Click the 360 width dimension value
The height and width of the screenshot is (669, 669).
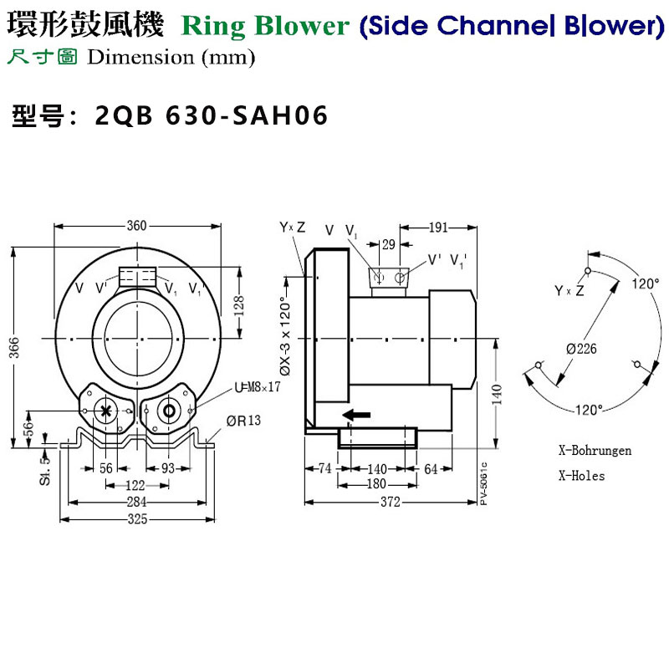[x=137, y=226]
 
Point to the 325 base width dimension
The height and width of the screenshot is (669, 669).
[x=138, y=519]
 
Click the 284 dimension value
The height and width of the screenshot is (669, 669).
[x=137, y=503]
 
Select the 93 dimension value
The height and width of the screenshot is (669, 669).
[x=168, y=469]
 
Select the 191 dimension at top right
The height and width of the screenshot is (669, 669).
[x=437, y=227]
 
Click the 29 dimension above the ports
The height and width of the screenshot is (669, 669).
[x=389, y=244]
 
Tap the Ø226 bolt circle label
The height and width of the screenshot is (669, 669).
[x=580, y=348]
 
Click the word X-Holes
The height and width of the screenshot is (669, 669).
[x=581, y=475]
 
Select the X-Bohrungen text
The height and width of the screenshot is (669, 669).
[x=595, y=450]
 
